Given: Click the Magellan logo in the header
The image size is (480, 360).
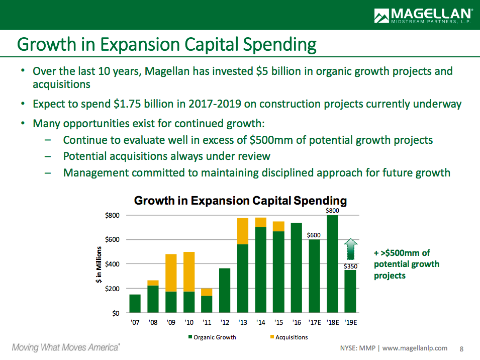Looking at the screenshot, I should pyautogui.click(x=423, y=15).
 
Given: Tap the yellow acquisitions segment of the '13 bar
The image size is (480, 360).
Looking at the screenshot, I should pyautogui.click(x=243, y=231).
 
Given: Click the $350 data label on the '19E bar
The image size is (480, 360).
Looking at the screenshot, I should pyautogui.click(x=350, y=267).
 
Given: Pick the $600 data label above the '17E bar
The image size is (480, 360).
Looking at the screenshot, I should pyautogui.click(x=314, y=235).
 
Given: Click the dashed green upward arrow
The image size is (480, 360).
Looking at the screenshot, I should pyautogui.click(x=351, y=249).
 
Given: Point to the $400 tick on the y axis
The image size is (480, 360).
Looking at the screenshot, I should pyautogui.click(x=113, y=264).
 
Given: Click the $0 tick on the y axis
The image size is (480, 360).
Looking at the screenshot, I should pyautogui.click(x=116, y=313).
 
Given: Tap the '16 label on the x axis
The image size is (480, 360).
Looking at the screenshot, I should pyautogui.click(x=297, y=323).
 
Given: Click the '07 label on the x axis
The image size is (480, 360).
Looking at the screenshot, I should pyautogui.click(x=135, y=323).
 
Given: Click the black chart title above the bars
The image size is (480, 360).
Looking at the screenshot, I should pyautogui.click(x=240, y=201).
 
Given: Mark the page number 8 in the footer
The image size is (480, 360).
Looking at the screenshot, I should pyautogui.click(x=462, y=348).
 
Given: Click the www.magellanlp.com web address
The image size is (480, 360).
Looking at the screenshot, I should pyautogui.click(x=415, y=348).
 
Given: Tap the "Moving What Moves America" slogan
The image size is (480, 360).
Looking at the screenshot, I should pyautogui.click(x=65, y=347).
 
